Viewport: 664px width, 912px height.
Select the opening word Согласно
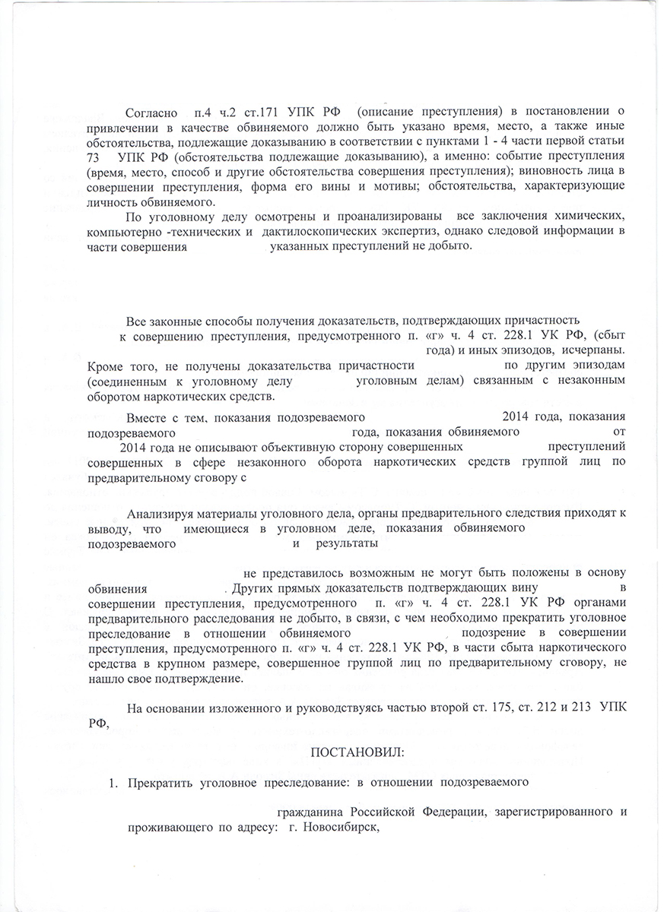tap(151, 113)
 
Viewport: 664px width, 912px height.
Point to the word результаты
tap(347, 543)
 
